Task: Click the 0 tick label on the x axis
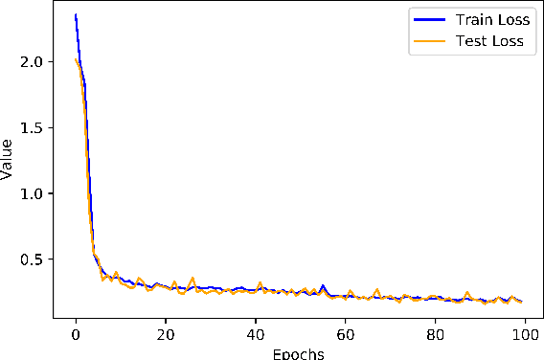(76, 335)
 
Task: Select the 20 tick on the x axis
(166, 335)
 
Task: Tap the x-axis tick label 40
(256, 335)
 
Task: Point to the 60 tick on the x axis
(346, 335)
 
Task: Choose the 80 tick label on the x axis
(436, 335)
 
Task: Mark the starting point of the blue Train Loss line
(76, 15)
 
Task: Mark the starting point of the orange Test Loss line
(76, 59)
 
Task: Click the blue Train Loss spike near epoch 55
(323, 285)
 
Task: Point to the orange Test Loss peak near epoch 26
(193, 279)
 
